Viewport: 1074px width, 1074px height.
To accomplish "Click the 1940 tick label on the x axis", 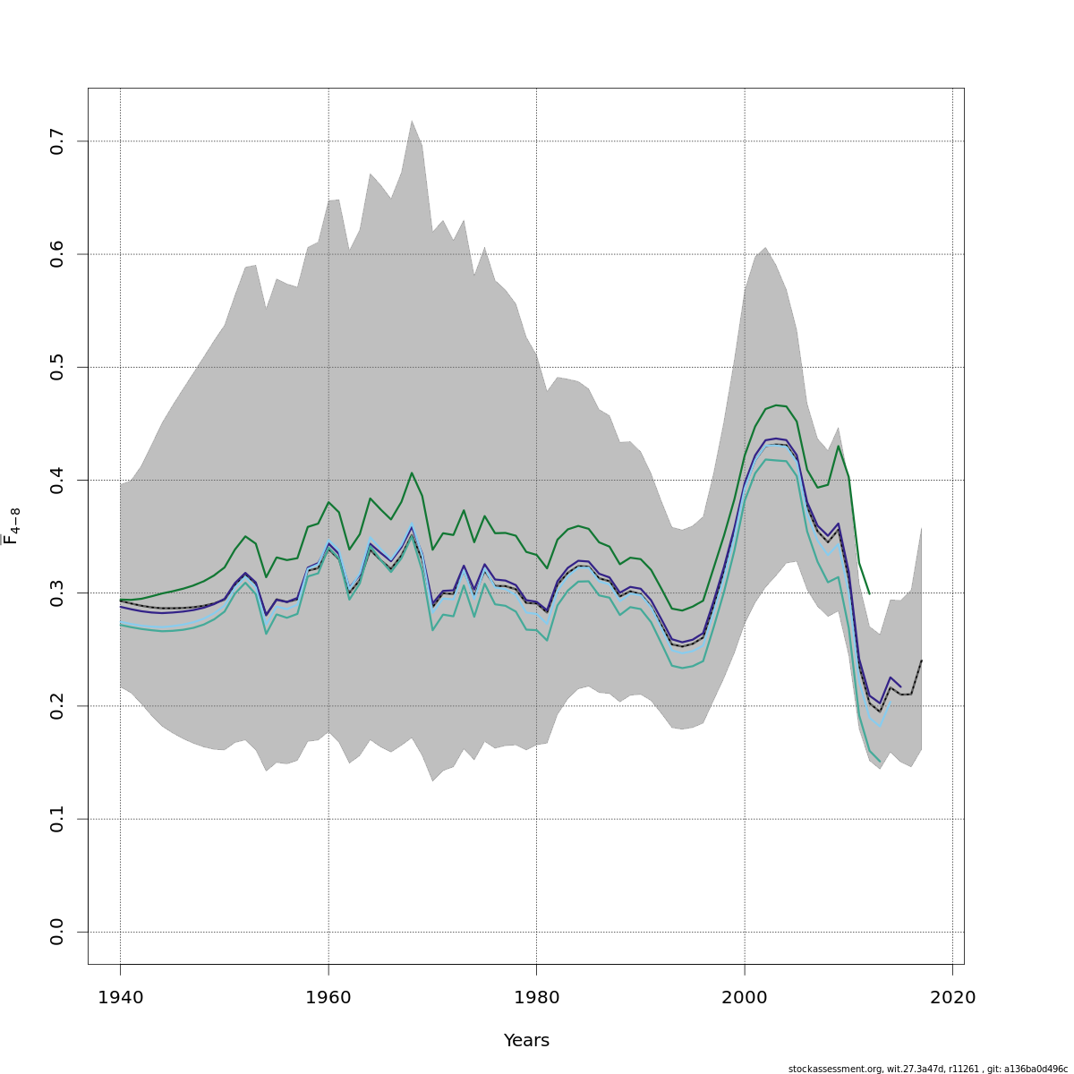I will pyautogui.click(x=120, y=998).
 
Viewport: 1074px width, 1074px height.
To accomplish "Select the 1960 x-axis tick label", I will pyautogui.click(x=328, y=998).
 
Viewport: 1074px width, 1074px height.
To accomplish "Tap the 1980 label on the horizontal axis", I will pyautogui.click(x=536, y=998).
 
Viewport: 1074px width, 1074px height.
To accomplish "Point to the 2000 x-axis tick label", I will pyautogui.click(x=745, y=998).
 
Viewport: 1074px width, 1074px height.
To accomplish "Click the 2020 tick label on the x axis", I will pyautogui.click(x=952, y=998).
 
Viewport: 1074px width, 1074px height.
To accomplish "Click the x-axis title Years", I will pyautogui.click(x=526, y=1041).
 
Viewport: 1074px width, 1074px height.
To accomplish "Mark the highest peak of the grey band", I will pyautogui.click(x=412, y=121).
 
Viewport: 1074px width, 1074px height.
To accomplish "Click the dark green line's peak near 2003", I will pyautogui.click(x=776, y=405).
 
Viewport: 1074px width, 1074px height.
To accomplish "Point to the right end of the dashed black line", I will pyautogui.click(x=921, y=661).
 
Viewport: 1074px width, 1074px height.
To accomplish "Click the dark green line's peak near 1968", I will pyautogui.click(x=412, y=473).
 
